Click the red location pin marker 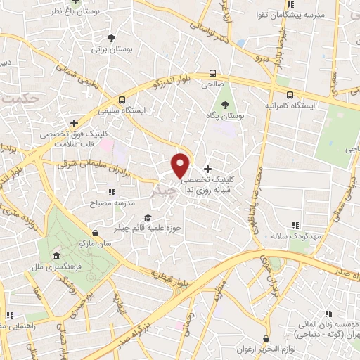click(180, 165)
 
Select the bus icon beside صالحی click(212, 73)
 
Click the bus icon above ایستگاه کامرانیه click(288, 94)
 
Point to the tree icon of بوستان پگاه click(225, 105)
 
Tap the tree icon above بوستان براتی click(112, 38)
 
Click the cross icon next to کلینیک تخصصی click(207, 168)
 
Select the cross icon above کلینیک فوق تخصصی click(74, 124)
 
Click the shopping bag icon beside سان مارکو click(95, 232)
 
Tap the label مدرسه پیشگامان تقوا click(312, 15)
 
